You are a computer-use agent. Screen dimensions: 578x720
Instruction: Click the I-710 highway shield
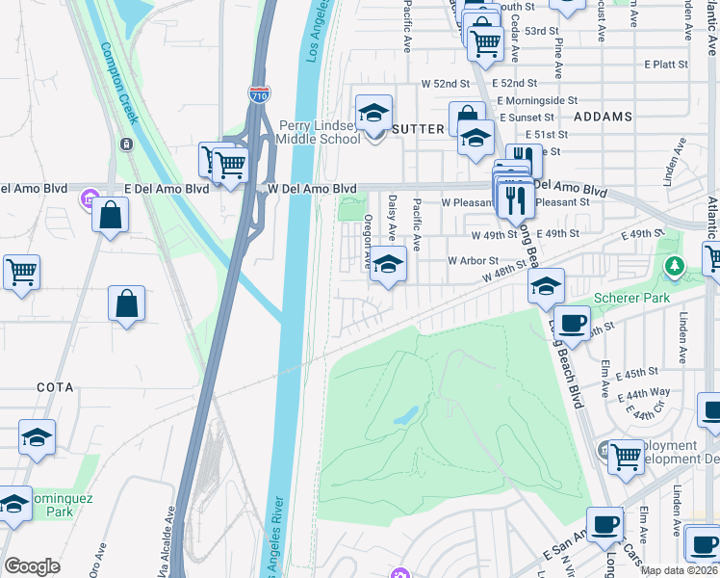[x=260, y=93]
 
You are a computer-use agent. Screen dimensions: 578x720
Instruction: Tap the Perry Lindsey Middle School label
[x=320, y=132]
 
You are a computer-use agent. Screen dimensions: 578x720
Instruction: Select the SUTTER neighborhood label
[x=418, y=128]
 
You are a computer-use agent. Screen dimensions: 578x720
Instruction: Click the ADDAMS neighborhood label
[x=603, y=117]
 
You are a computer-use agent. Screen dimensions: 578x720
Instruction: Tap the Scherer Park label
[x=631, y=299]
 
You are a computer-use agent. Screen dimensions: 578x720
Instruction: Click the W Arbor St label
[x=472, y=260]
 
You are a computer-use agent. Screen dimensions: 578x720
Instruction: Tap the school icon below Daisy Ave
[x=387, y=263]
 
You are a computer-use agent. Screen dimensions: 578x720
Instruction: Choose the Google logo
[x=33, y=566]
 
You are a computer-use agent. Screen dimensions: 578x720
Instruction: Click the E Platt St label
[x=666, y=65]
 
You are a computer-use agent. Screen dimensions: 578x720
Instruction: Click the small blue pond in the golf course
[x=406, y=415]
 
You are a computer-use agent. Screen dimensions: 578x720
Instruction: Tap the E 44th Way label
[x=646, y=392]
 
